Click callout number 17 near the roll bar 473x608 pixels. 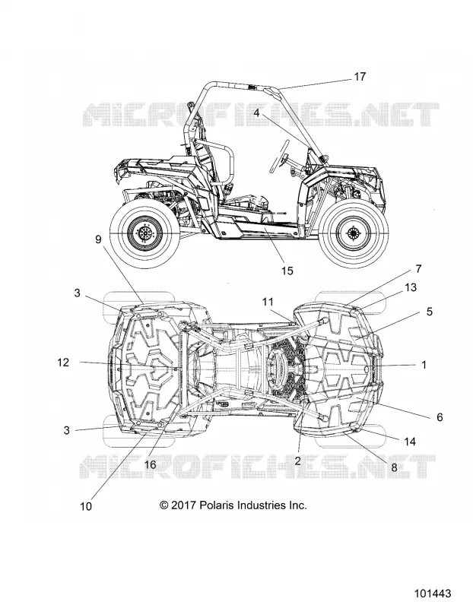click(360, 77)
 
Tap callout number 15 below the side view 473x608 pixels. click(287, 271)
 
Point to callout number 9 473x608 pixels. click(98, 239)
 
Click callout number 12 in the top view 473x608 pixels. click(63, 363)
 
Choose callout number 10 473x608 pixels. click(86, 506)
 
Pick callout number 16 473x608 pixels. click(150, 464)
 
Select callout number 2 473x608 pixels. click(297, 461)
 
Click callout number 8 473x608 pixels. click(394, 467)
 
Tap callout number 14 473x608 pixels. click(410, 442)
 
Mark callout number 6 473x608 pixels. click(440, 416)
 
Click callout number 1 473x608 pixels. click(424, 365)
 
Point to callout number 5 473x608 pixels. click(429, 312)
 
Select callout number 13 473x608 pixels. click(411, 287)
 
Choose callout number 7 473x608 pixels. click(418, 269)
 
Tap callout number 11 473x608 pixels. click(268, 302)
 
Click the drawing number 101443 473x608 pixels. click(433, 594)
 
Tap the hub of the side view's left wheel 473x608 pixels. click(145, 233)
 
